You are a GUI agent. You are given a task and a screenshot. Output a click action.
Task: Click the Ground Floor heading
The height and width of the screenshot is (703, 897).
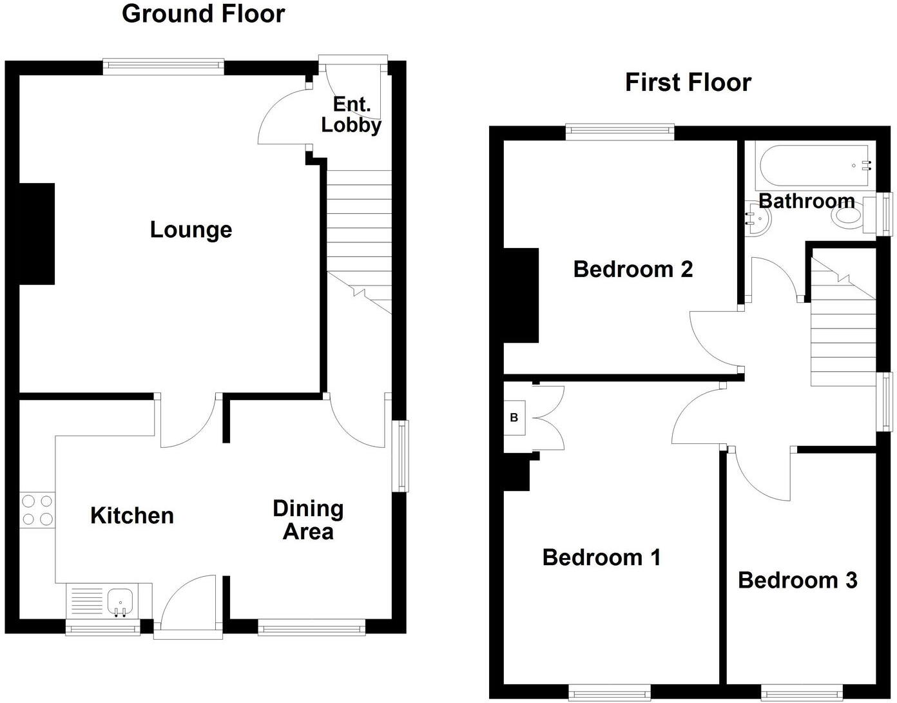click(x=203, y=14)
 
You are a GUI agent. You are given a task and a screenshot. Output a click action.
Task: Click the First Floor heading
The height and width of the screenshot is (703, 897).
click(x=688, y=82)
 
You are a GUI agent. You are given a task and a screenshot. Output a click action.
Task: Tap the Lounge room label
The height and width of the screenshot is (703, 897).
click(x=191, y=229)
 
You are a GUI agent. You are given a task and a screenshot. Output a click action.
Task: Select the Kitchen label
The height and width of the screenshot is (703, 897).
click(x=132, y=515)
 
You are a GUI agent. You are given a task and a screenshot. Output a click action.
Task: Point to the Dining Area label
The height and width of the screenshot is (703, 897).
click(x=308, y=520)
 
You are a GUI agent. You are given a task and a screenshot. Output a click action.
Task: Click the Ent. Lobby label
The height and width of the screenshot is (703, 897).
click(x=351, y=115)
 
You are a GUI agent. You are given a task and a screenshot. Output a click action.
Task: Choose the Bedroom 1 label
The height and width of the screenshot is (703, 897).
click(x=601, y=557)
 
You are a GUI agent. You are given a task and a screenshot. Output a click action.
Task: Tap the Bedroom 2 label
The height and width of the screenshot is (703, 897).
click(x=633, y=269)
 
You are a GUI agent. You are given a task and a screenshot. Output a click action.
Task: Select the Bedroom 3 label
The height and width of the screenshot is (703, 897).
click(x=797, y=580)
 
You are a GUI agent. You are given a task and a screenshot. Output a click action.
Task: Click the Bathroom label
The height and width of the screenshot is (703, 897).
click(x=806, y=200)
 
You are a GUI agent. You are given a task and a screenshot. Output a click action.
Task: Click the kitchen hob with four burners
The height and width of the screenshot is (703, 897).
click(x=37, y=510)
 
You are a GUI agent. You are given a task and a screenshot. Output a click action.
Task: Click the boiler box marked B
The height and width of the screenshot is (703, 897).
click(x=514, y=418)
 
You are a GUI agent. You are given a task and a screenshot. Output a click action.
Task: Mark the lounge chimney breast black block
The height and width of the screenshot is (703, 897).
click(x=37, y=233)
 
